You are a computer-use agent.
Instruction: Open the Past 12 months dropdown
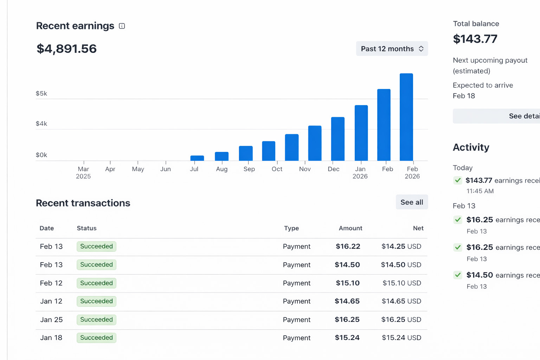tap(392, 49)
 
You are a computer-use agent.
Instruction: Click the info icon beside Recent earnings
tap(122, 26)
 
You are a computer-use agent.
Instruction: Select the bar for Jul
tap(197, 158)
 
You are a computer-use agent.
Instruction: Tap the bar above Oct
tap(269, 151)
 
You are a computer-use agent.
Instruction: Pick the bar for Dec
tap(337, 139)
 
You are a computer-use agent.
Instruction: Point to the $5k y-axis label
tap(41, 94)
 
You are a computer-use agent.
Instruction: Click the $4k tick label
tap(41, 124)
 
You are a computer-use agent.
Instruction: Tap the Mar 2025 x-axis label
tap(83, 173)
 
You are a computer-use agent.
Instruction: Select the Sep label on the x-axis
tap(249, 169)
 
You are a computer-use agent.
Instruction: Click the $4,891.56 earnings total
tap(66, 49)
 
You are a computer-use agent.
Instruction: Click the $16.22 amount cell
tap(348, 246)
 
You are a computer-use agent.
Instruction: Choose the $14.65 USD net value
tap(401, 301)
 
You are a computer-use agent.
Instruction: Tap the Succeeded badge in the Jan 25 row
tap(96, 320)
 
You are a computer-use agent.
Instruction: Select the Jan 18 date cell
tap(51, 338)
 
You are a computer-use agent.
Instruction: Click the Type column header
tap(291, 228)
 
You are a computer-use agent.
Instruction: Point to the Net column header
tap(418, 228)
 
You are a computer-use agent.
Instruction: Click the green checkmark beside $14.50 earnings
tap(458, 275)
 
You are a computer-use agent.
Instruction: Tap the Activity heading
tap(471, 147)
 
